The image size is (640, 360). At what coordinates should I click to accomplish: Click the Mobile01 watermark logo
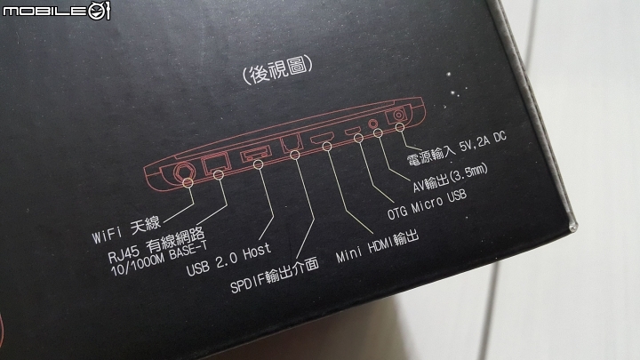click(56, 10)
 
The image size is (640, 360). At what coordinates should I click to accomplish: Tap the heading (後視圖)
click(278, 70)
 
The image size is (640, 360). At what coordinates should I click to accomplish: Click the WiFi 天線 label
click(126, 230)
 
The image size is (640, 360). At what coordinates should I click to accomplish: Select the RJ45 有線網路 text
click(156, 245)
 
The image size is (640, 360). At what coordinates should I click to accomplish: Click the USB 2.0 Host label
click(228, 260)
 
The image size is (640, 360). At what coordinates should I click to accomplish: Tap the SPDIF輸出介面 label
click(275, 276)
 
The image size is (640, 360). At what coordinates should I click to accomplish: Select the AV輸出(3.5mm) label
click(450, 178)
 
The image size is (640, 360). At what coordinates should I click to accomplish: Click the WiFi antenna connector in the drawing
click(183, 172)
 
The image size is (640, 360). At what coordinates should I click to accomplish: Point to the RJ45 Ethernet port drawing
click(216, 164)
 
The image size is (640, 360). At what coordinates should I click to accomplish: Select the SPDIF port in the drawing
click(292, 142)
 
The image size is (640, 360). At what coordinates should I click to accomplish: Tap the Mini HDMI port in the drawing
click(323, 137)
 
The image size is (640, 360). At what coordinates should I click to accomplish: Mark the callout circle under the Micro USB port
click(358, 139)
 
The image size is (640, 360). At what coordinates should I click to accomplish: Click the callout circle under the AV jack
click(379, 132)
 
